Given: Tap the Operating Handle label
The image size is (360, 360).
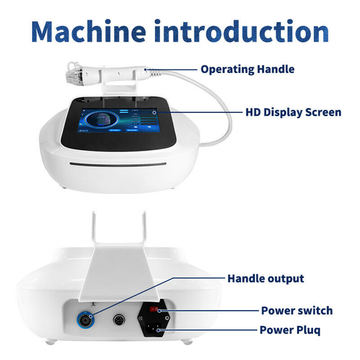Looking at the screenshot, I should click(247, 69).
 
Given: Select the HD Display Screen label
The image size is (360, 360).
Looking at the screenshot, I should click(293, 112).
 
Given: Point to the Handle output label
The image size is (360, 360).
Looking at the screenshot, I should click(265, 279).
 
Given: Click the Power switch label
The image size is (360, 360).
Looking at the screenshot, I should click(297, 310).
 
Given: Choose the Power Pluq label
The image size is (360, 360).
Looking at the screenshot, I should click(290, 330).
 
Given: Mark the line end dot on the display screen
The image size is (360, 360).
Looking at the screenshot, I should click(155, 112).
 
